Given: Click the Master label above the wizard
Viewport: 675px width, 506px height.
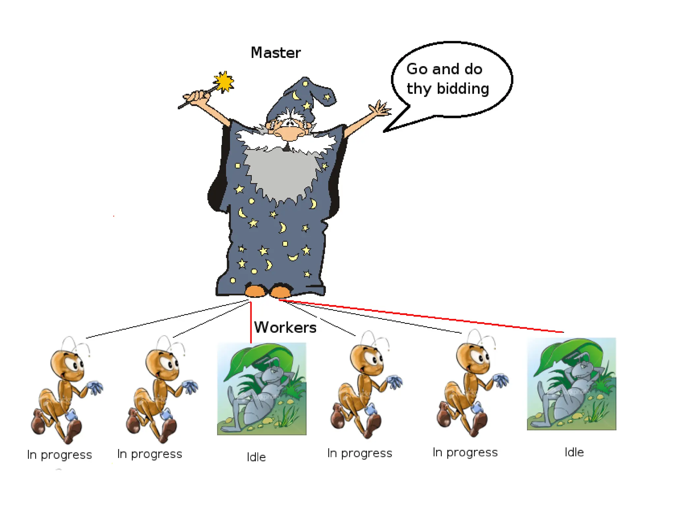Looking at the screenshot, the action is click(276, 53).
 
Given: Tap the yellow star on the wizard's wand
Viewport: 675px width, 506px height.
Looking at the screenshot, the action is click(224, 81).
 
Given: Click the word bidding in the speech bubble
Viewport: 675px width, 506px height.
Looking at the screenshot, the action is click(463, 89).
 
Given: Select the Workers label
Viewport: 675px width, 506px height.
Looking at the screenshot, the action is click(285, 327).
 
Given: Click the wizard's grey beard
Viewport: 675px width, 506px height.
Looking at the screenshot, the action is click(280, 175).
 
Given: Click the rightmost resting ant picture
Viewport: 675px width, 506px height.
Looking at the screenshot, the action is click(571, 384).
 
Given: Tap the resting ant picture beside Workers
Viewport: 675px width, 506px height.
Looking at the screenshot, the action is click(261, 389).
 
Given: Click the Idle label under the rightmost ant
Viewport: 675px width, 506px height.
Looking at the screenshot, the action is click(574, 452).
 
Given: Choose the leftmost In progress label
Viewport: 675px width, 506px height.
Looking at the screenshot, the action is click(59, 455).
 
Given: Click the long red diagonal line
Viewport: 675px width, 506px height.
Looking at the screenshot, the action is click(422, 317).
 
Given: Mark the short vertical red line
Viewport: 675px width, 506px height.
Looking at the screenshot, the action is click(251, 323).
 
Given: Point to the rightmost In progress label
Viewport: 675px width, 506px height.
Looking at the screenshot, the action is click(465, 453).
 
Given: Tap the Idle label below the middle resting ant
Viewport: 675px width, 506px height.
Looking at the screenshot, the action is click(256, 457).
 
